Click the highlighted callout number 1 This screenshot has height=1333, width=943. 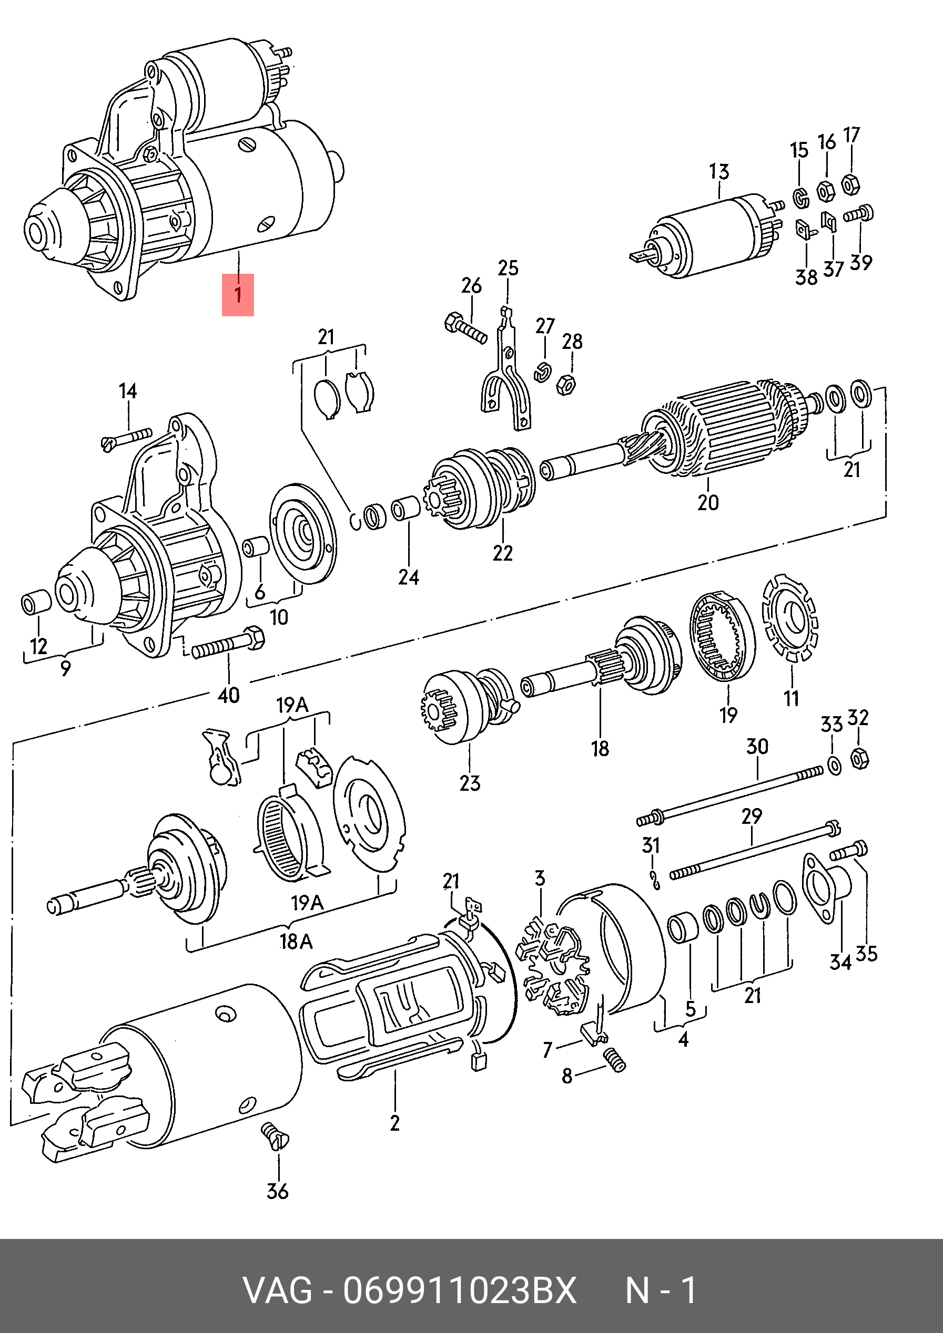point(238,294)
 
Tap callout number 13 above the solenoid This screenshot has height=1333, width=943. point(719,172)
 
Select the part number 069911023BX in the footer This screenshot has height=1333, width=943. point(459,1290)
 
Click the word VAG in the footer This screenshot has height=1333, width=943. point(278,1290)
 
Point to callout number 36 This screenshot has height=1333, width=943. point(277,1191)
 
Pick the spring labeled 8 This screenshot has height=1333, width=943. point(615,1060)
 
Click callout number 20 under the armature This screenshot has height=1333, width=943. point(708,502)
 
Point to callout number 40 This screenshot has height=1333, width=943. point(228,695)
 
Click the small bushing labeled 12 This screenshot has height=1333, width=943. point(36,603)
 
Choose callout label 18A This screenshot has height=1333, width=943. point(296,941)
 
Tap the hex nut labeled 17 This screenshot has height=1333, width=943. point(850,184)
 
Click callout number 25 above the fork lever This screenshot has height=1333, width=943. point(508,267)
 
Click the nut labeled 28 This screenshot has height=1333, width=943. point(566,384)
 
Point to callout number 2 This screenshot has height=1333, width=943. point(394,1123)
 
